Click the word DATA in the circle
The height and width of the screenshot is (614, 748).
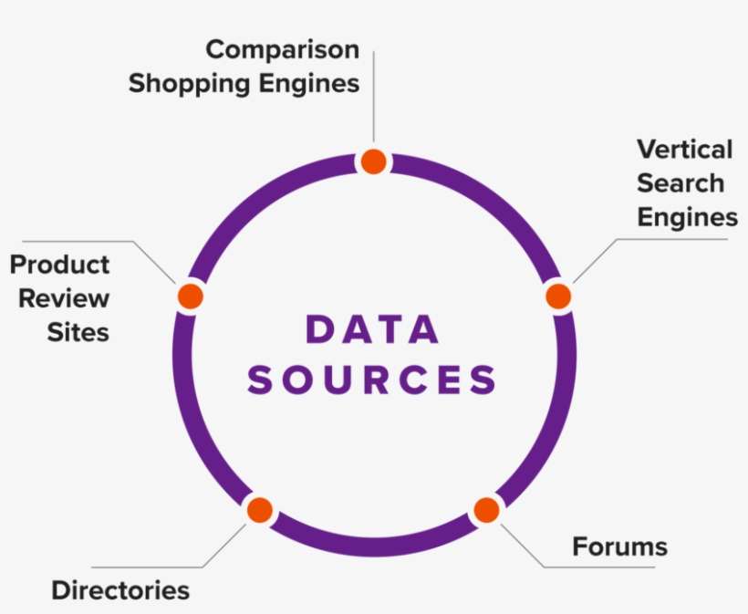click(x=373, y=330)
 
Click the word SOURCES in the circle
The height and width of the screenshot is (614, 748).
click(x=373, y=380)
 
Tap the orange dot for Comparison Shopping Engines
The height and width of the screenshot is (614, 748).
click(x=373, y=161)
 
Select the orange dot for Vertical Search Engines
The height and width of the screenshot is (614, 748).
click(x=558, y=297)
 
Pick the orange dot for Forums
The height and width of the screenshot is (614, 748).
click(x=486, y=510)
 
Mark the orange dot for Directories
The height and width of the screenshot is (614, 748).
click(x=260, y=510)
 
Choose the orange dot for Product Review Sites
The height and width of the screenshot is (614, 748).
click(x=190, y=296)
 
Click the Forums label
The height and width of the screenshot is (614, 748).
click(x=619, y=546)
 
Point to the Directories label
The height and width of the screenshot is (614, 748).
click(x=120, y=590)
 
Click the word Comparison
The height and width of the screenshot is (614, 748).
click(x=282, y=49)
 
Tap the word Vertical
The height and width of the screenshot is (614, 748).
click(x=684, y=149)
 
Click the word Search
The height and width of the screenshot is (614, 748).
click(x=680, y=183)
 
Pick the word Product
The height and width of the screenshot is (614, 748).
click(x=60, y=265)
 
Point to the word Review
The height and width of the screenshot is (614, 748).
click(x=65, y=298)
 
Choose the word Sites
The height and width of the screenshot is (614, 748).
click(x=78, y=331)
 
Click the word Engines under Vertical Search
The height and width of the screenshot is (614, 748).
click(x=687, y=217)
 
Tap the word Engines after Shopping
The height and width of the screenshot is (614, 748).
click(x=306, y=84)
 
